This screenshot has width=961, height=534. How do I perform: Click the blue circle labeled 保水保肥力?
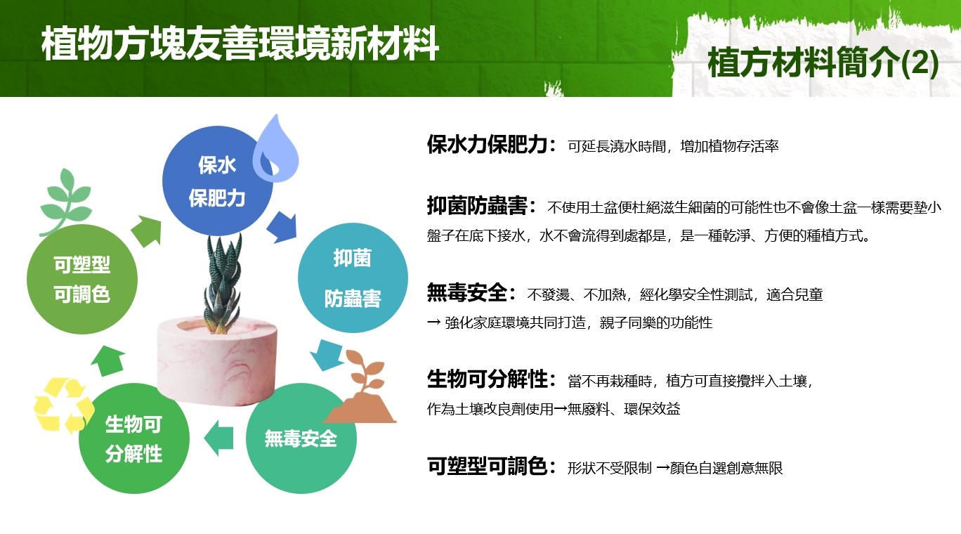[x=217, y=181]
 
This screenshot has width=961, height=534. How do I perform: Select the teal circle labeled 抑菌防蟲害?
[x=353, y=278]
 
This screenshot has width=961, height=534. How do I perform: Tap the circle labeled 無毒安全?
[x=301, y=438]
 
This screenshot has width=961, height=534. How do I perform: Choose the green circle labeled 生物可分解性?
[x=134, y=438]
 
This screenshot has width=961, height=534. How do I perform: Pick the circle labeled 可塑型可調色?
[x=82, y=279]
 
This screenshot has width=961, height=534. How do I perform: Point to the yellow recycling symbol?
[x=63, y=405]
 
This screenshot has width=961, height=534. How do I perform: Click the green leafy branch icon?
[x=65, y=202]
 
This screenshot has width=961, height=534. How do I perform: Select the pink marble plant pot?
[x=216, y=360]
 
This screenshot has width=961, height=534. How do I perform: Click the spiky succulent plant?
[x=222, y=283]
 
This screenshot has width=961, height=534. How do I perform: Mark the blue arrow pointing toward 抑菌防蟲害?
[x=282, y=227]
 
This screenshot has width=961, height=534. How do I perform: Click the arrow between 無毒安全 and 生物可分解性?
[x=218, y=438]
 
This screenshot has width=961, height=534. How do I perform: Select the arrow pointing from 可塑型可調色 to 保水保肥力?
[x=147, y=231]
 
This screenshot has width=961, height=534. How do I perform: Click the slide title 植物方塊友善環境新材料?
[x=240, y=44]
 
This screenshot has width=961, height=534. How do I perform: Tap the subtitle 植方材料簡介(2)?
[x=823, y=63]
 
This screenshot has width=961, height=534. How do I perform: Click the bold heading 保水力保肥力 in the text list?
[x=487, y=144]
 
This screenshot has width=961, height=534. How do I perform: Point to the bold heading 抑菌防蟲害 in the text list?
[x=477, y=205]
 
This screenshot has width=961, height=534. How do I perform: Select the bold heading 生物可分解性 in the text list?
[x=487, y=379]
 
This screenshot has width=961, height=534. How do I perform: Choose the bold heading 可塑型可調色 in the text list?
[x=487, y=466]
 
